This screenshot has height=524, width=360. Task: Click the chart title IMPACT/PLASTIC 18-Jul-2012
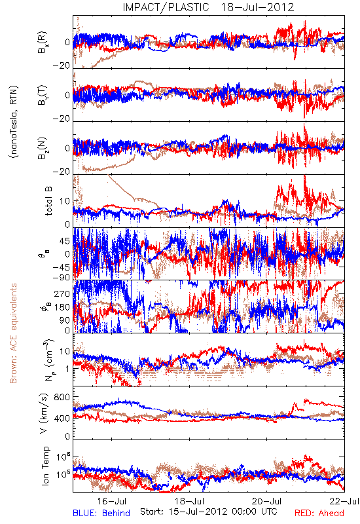point(208,7)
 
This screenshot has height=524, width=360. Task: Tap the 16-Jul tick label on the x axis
point(112,501)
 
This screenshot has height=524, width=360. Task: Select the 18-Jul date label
point(190,501)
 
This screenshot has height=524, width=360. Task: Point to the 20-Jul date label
point(267,501)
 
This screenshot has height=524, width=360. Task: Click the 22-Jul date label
point(344,501)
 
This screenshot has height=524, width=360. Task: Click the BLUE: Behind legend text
point(101,513)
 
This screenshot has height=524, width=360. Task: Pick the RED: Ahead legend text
point(319,513)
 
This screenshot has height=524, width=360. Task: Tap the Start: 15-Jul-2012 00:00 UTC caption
point(209,512)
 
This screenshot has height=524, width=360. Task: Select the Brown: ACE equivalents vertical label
point(13,333)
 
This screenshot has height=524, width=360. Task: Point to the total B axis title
point(48,201)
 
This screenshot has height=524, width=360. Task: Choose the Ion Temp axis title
point(46,466)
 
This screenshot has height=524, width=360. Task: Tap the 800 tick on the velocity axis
point(62,398)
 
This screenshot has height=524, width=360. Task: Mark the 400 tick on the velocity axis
point(62,418)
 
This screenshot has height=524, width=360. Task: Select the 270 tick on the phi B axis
point(62,293)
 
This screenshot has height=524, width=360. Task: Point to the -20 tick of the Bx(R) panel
point(61,66)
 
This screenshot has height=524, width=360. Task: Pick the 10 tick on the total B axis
point(65,201)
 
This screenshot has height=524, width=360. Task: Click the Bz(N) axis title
point(43,148)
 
